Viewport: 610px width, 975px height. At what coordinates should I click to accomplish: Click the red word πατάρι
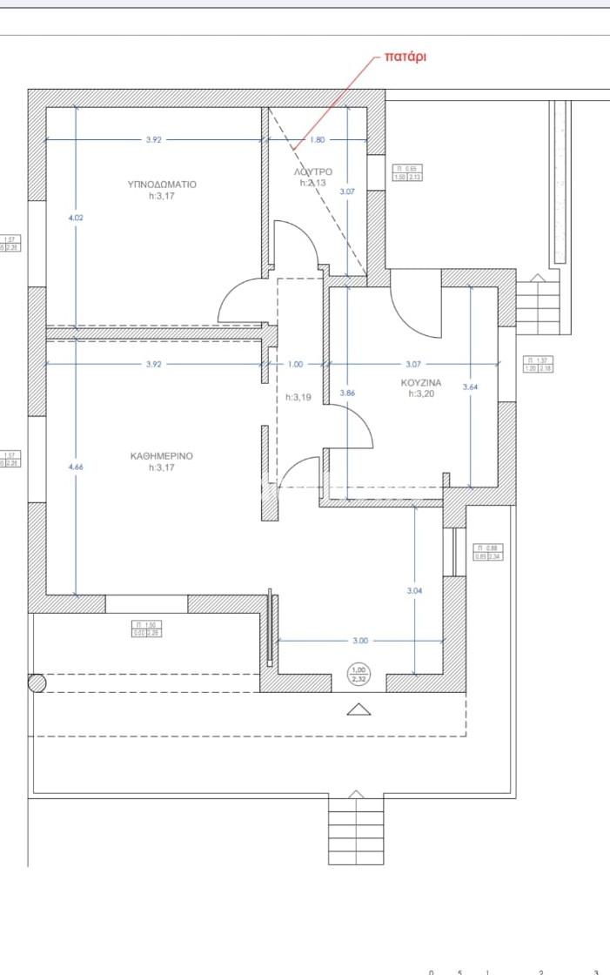tap(405, 58)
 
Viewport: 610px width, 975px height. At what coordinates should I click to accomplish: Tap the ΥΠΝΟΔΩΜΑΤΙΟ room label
tap(162, 185)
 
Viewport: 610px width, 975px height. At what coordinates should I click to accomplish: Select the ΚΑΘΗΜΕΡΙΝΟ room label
tap(162, 455)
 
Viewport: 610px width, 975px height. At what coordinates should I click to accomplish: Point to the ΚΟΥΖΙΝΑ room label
tap(421, 382)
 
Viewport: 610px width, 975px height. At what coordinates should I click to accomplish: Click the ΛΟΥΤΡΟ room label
tap(313, 172)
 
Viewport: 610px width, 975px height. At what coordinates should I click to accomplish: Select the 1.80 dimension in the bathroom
tap(317, 139)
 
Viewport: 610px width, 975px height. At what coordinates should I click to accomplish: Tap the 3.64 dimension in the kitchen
tap(471, 387)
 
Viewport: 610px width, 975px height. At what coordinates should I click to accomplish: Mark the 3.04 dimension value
tap(415, 591)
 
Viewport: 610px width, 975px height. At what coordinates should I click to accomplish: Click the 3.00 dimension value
tap(360, 641)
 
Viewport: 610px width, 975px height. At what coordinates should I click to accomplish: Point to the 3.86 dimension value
tap(347, 393)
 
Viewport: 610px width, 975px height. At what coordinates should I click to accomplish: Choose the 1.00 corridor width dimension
tap(296, 364)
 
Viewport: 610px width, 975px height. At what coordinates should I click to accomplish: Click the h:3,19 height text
tap(298, 397)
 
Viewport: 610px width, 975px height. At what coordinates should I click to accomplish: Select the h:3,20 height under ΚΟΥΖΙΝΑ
tap(421, 393)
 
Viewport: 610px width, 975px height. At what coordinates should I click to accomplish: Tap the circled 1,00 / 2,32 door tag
tap(359, 675)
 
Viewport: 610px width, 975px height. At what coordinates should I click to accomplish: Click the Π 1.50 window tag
tap(147, 629)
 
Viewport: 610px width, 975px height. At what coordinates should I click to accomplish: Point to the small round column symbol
tap(37, 683)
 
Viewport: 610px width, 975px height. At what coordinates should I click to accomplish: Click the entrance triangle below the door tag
tap(359, 709)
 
